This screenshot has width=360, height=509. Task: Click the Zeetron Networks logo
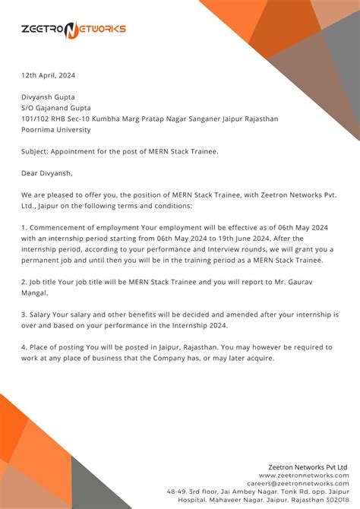coord(74,30)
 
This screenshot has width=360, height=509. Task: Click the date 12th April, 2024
coord(48,75)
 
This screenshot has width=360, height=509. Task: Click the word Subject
coord(36,151)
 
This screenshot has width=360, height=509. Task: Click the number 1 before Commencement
coord(24,227)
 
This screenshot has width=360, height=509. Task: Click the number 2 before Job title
coord(24,281)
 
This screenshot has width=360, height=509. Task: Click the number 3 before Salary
coord(24,314)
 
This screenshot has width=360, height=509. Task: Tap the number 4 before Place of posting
coord(24,346)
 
